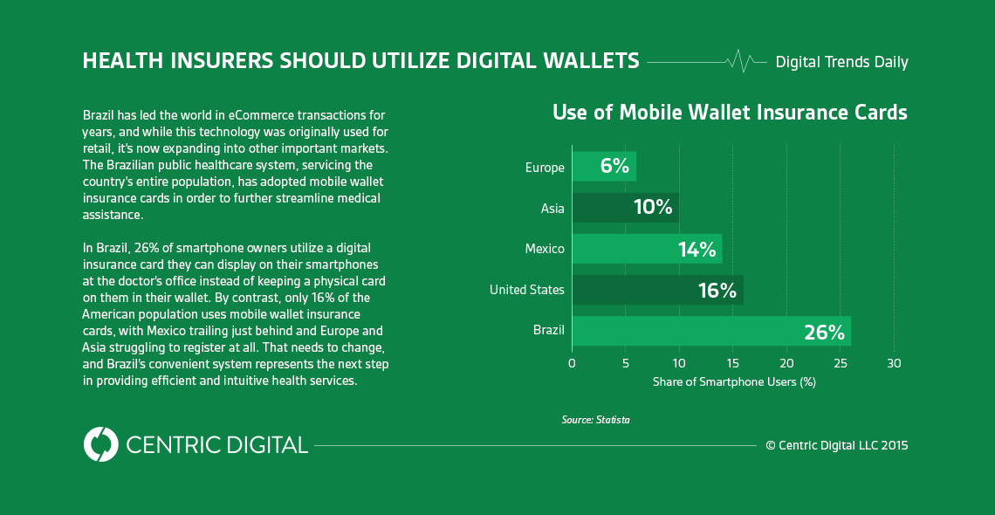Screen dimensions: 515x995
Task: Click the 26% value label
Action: click(824, 332)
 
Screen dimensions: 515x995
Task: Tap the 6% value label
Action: click(614, 166)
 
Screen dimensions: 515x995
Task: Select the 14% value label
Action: click(696, 250)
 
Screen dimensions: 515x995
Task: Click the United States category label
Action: click(526, 290)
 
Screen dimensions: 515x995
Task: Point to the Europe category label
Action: click(545, 167)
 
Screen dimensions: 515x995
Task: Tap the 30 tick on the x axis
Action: click(894, 363)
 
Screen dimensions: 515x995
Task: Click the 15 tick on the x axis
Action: click(732, 363)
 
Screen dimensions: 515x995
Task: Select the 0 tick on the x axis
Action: click(572, 363)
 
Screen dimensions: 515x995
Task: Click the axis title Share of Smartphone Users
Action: click(734, 382)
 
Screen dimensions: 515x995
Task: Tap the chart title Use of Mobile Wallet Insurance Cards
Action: click(730, 113)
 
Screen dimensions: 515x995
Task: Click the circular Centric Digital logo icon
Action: click(101, 444)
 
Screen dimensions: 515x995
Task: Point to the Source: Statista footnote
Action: click(595, 420)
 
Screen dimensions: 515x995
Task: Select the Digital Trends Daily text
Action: click(841, 62)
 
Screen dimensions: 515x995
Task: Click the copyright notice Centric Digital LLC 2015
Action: click(836, 445)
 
